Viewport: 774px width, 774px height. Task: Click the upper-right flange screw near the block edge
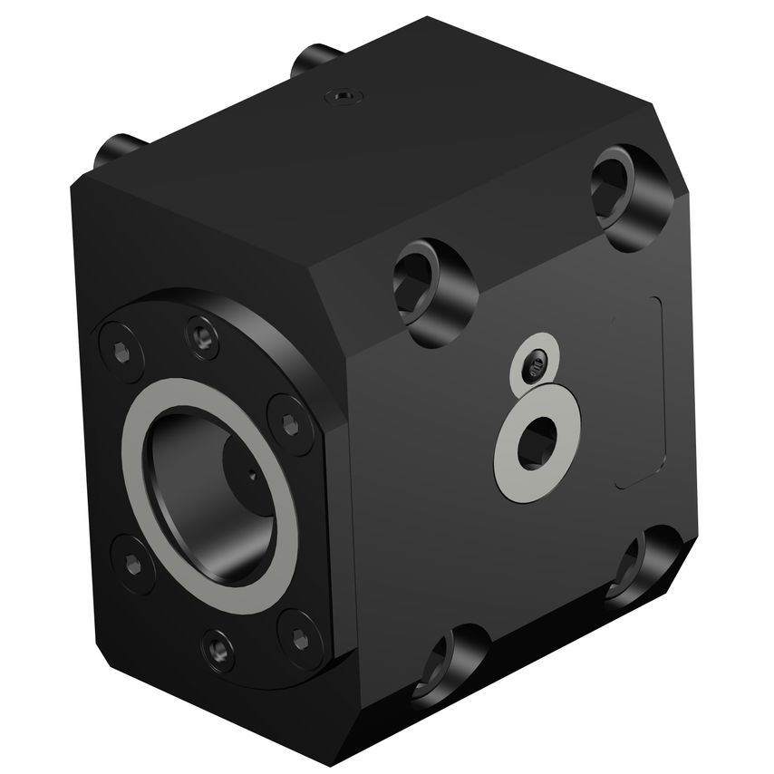point(289,421)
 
